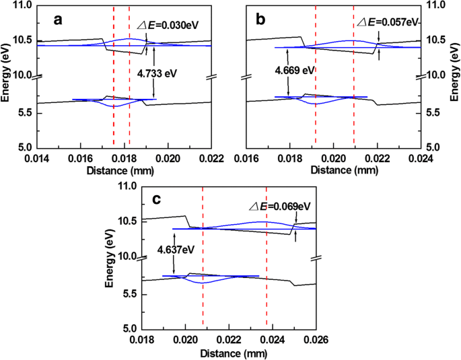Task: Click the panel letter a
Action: coord(58,20)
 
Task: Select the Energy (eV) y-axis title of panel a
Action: coord(6,75)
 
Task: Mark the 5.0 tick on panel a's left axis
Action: coord(26,147)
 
